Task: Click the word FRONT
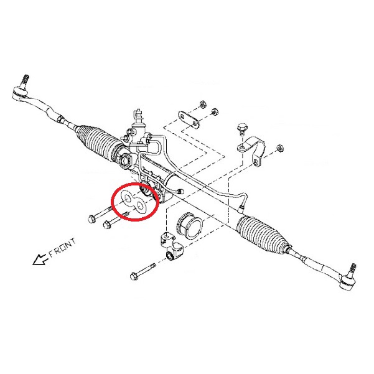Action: point(63,248)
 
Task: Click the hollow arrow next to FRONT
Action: point(40,259)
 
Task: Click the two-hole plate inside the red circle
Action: point(134,202)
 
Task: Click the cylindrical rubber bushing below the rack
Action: point(190,225)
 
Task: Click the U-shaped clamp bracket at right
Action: point(253,149)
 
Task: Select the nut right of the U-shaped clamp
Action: point(279,148)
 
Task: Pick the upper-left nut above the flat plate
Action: point(202,104)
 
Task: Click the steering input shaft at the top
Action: point(138,116)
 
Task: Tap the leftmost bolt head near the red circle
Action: point(92,218)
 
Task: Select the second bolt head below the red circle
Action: point(107,225)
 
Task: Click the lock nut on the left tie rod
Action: point(60,118)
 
